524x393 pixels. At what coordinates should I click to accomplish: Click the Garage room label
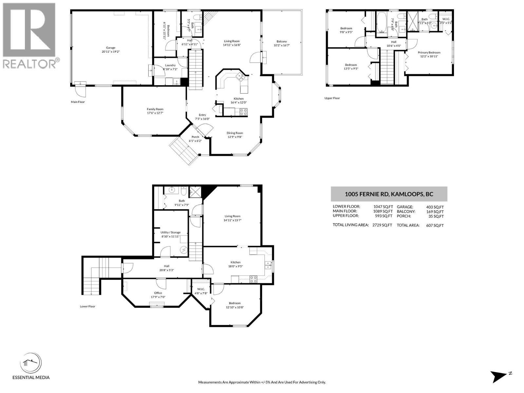pos(110,48)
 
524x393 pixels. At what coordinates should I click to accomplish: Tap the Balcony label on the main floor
pos(282,42)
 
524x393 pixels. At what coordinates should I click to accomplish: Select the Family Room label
pos(155,109)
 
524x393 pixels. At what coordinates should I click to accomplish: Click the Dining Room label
pos(235,133)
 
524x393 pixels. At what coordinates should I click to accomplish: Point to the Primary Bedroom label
pos(429,52)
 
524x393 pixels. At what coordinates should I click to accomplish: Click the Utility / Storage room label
pos(171,232)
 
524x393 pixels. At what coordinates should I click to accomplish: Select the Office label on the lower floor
pos(158,293)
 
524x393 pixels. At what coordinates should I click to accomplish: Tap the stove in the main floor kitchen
pos(244,112)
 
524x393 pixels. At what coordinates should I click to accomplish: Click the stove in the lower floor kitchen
pos(253,279)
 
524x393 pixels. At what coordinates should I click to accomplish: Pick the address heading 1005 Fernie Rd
pos(389,194)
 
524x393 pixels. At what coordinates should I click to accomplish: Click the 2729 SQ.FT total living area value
pos(382,225)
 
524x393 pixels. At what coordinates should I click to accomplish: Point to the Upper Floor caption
pos(332,98)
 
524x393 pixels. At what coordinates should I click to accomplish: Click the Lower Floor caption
pos(87,307)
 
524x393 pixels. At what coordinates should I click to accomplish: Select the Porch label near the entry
pos(195,137)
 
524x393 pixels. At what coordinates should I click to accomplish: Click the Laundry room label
pos(170,65)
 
